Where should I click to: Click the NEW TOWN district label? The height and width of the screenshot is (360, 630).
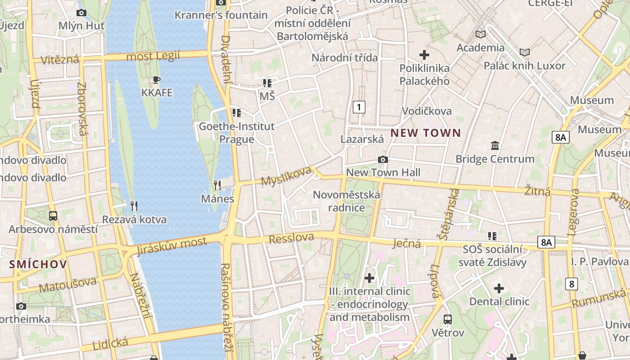[x=426, y=133]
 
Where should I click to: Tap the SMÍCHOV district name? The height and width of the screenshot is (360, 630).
[x=38, y=264]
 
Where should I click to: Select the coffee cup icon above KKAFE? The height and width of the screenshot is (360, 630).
[x=156, y=80]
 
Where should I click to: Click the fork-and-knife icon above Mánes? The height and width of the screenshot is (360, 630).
[x=217, y=185]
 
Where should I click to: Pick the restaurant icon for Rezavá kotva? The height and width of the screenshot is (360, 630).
[x=134, y=206]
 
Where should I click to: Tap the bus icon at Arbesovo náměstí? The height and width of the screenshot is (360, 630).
[x=53, y=216]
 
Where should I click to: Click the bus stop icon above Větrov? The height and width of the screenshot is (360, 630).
[x=447, y=319]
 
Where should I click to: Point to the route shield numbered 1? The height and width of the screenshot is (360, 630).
[x=359, y=107]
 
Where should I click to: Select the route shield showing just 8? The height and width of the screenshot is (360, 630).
[x=571, y=284]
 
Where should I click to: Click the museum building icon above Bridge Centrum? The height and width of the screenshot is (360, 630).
[x=495, y=145]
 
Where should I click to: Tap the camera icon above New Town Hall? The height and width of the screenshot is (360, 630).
[x=383, y=159]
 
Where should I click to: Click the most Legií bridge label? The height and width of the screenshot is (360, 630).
[x=153, y=56]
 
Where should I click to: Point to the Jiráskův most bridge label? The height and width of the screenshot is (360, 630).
[x=172, y=245]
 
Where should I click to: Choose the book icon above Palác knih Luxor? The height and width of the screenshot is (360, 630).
[x=524, y=52]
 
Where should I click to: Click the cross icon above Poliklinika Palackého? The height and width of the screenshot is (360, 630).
[x=424, y=55]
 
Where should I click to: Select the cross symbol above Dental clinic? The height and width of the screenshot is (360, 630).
[x=499, y=288]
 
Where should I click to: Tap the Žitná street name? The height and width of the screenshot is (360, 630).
[x=538, y=191]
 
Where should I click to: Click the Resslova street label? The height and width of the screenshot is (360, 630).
[x=291, y=238]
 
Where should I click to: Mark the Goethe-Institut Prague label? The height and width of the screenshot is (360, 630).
[x=237, y=133]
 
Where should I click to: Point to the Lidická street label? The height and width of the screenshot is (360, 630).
[x=110, y=344]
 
